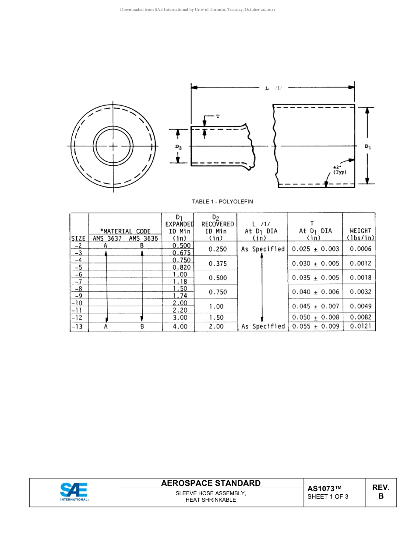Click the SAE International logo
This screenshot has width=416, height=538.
[74, 492]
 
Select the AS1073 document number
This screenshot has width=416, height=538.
[324, 489]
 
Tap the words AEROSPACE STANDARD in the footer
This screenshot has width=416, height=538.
[211, 483]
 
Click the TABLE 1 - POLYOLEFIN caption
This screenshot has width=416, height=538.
[222, 202]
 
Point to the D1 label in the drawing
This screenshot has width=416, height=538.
[368, 147]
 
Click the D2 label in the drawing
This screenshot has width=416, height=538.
[178, 147]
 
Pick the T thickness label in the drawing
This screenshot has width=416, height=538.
[218, 116]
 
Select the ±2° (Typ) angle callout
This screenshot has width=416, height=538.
[339, 170]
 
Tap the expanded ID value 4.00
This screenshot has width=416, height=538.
[180, 326]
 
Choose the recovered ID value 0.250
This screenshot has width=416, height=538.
[218, 249]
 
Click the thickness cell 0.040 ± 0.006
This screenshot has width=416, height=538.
[315, 292]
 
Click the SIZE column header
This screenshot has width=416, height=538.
[78, 238]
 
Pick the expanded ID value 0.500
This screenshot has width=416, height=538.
[181, 246]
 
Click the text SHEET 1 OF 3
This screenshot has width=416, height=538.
[328, 496]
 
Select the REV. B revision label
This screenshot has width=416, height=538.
[381, 492]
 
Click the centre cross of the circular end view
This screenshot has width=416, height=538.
[113, 146]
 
